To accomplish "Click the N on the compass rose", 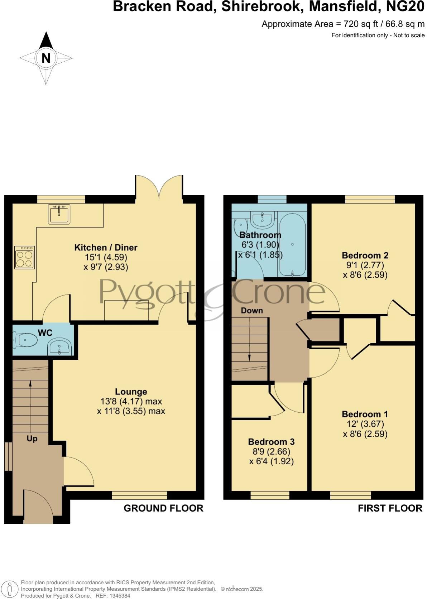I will (x=46, y=58).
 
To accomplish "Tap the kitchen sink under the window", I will (x=59, y=214).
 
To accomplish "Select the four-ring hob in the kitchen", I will (x=25, y=257).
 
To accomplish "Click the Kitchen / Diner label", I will (x=106, y=248).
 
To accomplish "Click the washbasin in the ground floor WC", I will (x=60, y=347).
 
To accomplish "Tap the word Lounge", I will (x=131, y=392).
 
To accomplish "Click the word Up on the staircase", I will (x=32, y=439).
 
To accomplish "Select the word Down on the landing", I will (x=252, y=311).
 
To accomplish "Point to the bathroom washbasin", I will (x=263, y=219).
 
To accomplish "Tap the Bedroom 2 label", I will (x=365, y=255).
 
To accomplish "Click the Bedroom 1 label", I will (x=365, y=414).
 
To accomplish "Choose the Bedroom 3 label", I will (x=271, y=442).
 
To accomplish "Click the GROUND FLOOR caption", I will (x=163, y=508).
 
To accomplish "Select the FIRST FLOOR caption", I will (x=390, y=508).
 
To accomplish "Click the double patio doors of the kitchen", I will (x=159, y=186).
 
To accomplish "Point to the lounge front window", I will (x=139, y=495).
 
